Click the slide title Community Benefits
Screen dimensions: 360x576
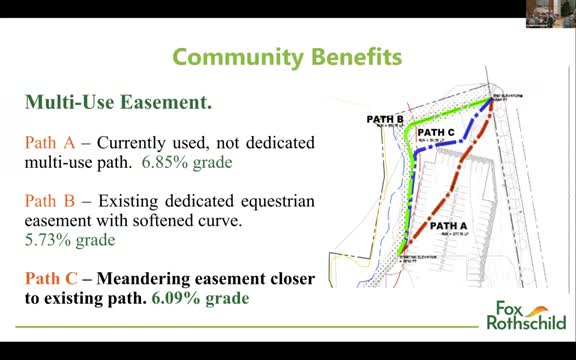[287, 57]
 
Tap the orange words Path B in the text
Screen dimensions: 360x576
[47, 201]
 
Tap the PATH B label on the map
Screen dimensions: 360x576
[385, 118]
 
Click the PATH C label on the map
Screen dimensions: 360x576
[437, 131]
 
